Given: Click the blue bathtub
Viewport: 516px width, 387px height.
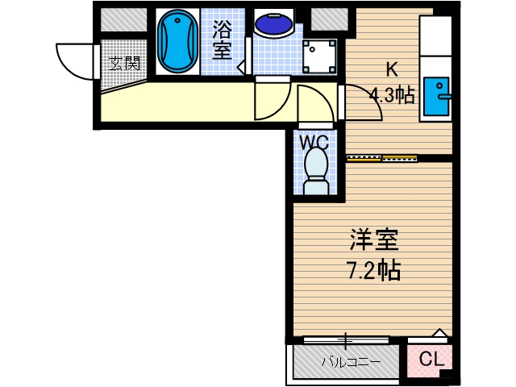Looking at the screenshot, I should tap(177, 41).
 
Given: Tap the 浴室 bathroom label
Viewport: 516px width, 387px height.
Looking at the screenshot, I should tap(222, 40).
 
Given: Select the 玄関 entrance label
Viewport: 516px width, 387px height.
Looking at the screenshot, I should tap(124, 63).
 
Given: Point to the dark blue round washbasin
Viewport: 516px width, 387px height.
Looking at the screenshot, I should tap(273, 23).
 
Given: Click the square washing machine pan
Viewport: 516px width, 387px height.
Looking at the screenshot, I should tap(318, 55).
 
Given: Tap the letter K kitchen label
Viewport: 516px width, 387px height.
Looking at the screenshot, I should tap(391, 69).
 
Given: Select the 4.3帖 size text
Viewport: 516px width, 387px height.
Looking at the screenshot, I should tap(392, 96).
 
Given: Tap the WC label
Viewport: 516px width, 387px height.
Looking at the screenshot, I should tap(314, 143).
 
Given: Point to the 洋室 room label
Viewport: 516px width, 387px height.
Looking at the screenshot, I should tap(374, 240).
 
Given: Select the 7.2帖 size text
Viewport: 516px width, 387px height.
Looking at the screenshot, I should tap(374, 270).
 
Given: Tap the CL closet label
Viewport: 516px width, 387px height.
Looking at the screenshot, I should tap(431, 360).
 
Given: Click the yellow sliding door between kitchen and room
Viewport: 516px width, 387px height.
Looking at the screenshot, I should tap(364, 158).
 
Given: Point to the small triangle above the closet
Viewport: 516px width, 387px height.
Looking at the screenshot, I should tap(439, 333).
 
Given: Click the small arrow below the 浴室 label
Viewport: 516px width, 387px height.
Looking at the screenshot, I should tap(241, 69).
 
